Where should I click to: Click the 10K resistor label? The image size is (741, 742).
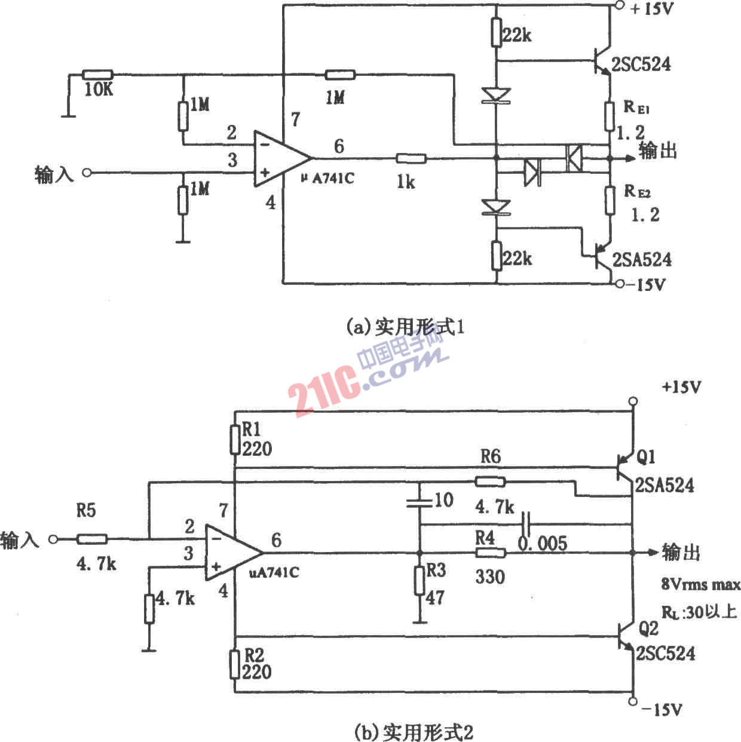coord(99,90)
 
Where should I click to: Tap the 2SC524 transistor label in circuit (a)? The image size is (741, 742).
coord(641,64)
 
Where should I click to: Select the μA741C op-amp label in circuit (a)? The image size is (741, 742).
coord(327,178)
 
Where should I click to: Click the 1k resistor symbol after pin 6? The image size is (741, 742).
coord(411,158)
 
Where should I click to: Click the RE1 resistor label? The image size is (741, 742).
coord(637,107)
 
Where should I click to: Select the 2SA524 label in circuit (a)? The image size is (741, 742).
coord(642,259)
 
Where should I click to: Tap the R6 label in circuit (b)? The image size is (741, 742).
coord(491,456)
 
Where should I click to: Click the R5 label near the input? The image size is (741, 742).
coord(86,511)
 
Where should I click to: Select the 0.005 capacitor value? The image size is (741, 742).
coord(542,543)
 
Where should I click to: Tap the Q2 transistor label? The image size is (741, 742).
coord(648,628)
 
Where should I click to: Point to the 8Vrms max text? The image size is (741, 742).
coord(701,584)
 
